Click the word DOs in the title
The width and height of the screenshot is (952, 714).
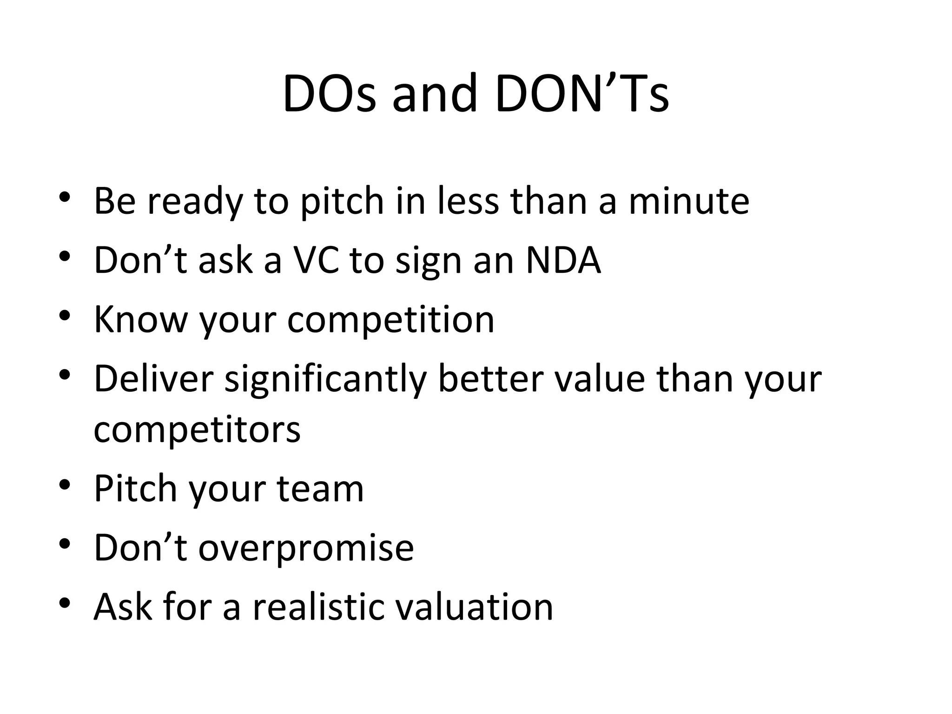coord(329,94)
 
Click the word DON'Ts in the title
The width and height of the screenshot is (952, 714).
coord(582,94)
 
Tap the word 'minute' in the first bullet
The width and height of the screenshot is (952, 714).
coord(689,201)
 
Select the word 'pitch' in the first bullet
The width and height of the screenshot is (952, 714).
coord(342,201)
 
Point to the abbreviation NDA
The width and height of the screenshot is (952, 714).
coord(563,260)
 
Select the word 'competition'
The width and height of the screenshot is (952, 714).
coord(391,319)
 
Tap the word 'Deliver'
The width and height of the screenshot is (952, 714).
coord(153,378)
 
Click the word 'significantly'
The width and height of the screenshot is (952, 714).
coord(325,378)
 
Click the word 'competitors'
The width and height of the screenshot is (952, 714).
coord(197,429)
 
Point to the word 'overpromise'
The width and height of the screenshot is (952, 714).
coord(306,547)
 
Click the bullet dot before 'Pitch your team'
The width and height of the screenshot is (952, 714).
coord(65,485)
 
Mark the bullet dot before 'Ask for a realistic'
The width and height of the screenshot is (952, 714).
coord(65,603)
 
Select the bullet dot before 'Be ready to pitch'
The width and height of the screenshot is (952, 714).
coord(65,198)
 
